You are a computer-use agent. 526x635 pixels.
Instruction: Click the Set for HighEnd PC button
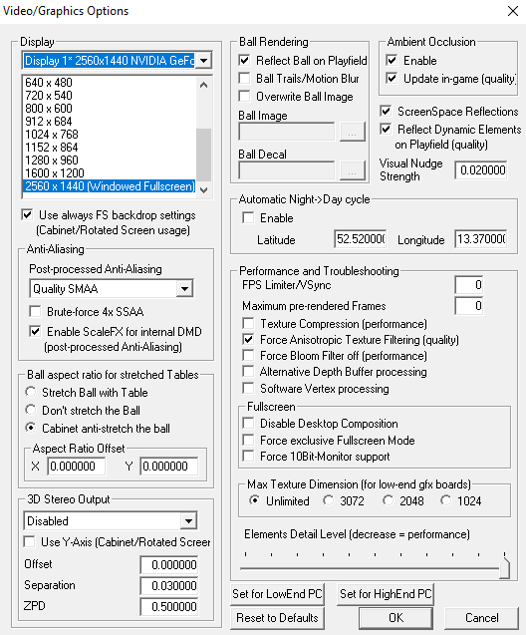point(386,594)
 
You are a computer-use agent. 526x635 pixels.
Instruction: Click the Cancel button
point(481,618)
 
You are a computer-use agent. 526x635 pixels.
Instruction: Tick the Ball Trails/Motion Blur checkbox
point(244,78)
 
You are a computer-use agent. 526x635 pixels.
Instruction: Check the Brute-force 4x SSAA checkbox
point(35,311)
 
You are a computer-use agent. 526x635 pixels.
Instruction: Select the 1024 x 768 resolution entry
point(52,135)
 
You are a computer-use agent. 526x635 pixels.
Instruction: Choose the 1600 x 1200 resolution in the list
point(55,173)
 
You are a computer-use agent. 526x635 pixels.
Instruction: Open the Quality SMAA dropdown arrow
point(184,289)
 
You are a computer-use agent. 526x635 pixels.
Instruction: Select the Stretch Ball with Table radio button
point(31,392)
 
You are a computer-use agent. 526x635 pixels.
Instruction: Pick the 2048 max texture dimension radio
point(389,500)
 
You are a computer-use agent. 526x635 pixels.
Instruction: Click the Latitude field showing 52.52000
point(360,239)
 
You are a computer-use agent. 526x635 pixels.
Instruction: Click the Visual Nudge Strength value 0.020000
point(481,170)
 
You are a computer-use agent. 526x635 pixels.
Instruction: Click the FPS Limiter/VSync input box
point(468,285)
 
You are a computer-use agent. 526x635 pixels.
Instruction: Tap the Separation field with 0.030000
point(169,585)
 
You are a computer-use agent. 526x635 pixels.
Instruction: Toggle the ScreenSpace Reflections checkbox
point(386,111)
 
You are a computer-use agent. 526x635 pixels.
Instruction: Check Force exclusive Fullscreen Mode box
point(248,440)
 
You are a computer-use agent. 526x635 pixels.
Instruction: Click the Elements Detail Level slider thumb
point(504,568)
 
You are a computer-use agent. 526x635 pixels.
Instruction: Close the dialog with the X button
point(513,11)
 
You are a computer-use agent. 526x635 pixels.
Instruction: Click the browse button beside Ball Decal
point(352,170)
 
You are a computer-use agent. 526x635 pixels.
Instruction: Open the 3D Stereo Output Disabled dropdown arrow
point(188,521)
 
